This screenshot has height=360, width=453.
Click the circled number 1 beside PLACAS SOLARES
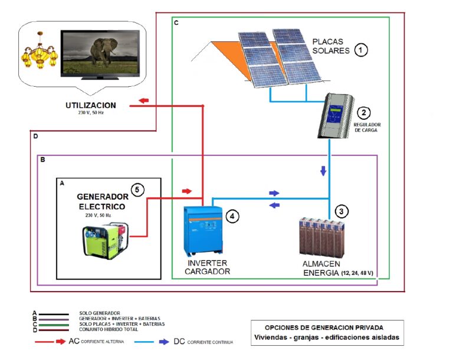[x=360, y=50]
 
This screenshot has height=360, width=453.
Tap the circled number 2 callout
[x=363, y=113]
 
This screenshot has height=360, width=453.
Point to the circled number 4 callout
[x=234, y=217]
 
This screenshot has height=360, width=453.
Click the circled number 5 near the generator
[x=136, y=189]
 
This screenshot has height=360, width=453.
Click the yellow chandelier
[x=40, y=54]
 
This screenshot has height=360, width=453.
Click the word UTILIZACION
[x=91, y=106]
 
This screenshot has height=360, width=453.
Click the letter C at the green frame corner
[x=176, y=22]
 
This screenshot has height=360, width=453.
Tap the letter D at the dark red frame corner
[x=35, y=136]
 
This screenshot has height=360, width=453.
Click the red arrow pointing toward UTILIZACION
[x=143, y=101]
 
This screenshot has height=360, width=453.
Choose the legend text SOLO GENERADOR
[x=100, y=313]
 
